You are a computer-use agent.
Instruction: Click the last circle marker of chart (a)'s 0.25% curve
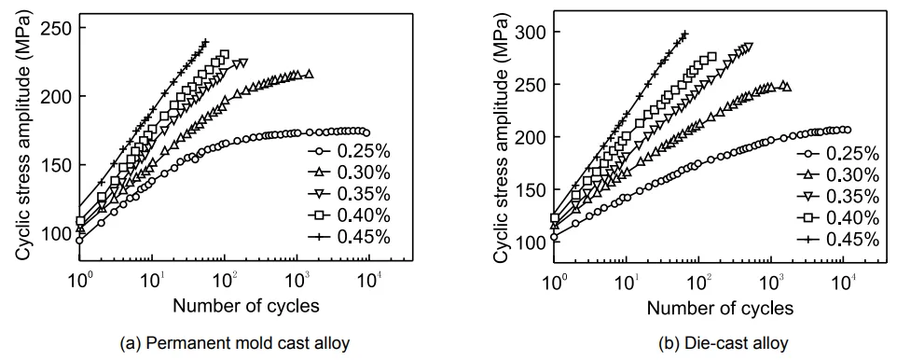tap(366, 132)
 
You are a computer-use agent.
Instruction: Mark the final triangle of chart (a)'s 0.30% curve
tap(309, 75)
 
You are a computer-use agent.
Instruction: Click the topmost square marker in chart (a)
tap(224, 54)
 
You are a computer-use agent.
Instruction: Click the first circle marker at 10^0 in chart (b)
tap(555, 237)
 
